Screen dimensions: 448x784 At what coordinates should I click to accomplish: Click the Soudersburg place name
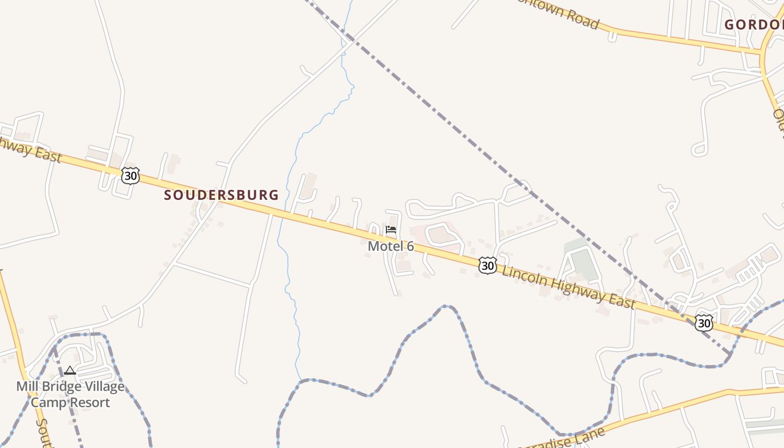tap(221, 195)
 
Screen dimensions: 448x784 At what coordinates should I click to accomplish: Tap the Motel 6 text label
tap(390, 246)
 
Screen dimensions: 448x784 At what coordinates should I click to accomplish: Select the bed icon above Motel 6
tap(391, 230)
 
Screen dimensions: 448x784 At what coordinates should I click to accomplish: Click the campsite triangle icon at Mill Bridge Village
tap(69, 370)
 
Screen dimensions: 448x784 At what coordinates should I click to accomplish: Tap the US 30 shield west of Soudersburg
tap(130, 176)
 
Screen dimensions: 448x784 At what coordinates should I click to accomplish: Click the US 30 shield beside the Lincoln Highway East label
tap(488, 265)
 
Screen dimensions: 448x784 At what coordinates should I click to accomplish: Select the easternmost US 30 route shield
tap(704, 323)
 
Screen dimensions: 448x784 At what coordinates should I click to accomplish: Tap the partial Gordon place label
tap(754, 25)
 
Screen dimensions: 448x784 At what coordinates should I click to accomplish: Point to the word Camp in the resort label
tap(46, 402)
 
